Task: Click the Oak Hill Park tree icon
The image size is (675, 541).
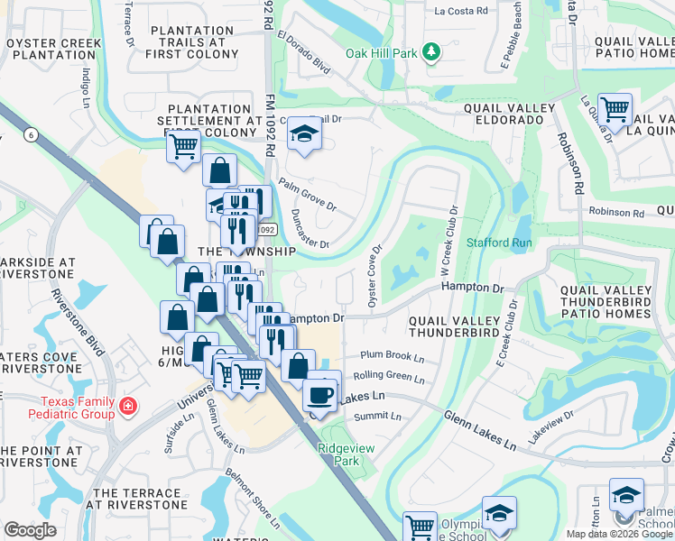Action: click(x=431, y=52)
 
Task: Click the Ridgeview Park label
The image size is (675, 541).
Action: click(x=339, y=454)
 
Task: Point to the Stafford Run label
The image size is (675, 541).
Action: click(x=499, y=243)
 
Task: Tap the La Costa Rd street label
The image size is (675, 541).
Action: click(x=460, y=12)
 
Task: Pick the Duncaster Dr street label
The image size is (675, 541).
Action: click(x=310, y=229)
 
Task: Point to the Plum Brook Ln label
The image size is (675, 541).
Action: click(x=391, y=355)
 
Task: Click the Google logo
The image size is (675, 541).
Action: click(x=30, y=530)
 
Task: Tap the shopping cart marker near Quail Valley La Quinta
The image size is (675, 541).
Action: click(x=615, y=111)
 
